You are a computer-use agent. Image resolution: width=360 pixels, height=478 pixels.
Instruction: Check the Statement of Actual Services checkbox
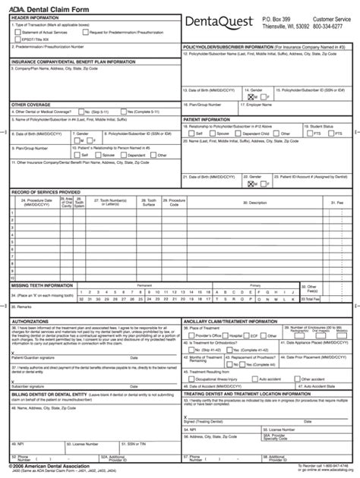click(x=16, y=33)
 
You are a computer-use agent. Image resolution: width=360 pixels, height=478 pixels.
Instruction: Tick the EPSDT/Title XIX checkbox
click(x=16, y=39)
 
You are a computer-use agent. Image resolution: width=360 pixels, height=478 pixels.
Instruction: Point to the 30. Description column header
click(x=257, y=203)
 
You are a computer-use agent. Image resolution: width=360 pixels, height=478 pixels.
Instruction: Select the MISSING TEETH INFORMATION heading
click(x=44, y=285)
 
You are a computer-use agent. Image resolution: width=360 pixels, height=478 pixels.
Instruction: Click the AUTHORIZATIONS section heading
click(x=31, y=321)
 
